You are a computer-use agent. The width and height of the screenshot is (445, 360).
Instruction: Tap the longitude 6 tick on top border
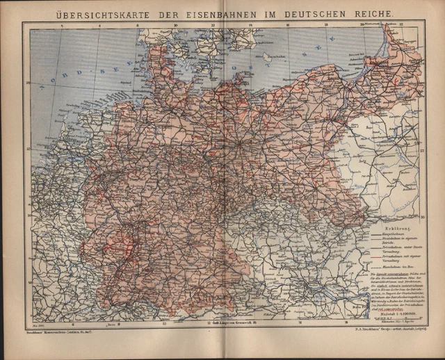(x=99, y=26)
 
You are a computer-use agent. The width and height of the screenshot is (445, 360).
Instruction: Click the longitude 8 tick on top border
(x=137, y=26)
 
